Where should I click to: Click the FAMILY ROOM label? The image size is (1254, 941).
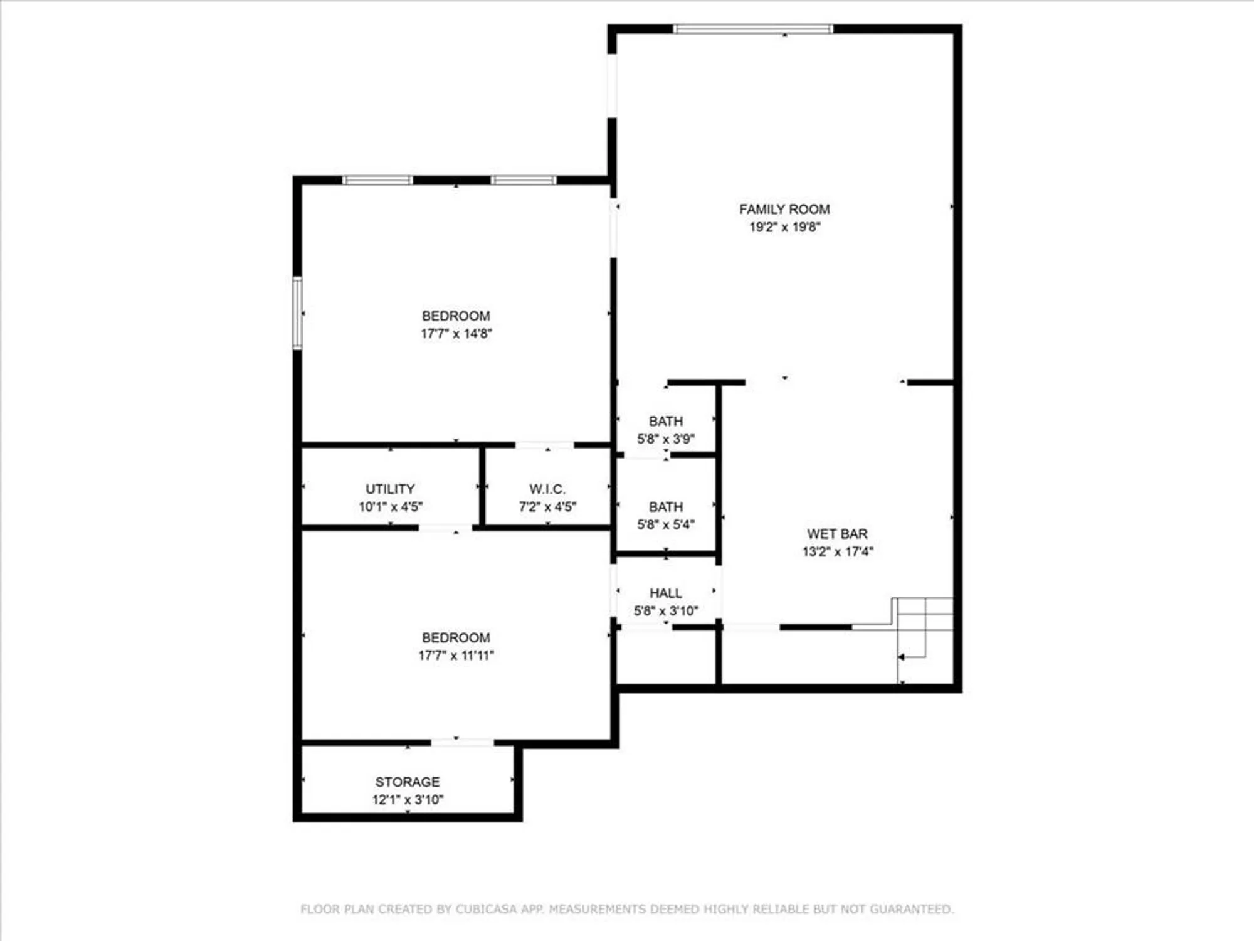(784, 209)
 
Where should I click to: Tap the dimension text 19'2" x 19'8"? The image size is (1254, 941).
(784, 227)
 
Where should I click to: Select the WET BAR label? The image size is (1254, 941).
(837, 534)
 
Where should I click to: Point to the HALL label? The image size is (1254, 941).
(665, 593)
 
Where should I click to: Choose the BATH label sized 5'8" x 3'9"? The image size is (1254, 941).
(665, 421)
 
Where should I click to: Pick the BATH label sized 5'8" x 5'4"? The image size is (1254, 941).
(665, 506)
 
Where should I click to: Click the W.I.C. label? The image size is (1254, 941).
(547, 489)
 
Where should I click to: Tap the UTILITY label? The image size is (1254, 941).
(390, 489)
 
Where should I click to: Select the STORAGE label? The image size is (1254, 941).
(407, 782)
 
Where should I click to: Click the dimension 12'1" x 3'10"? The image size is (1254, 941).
(407, 800)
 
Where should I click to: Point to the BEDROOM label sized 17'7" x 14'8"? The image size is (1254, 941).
(456, 316)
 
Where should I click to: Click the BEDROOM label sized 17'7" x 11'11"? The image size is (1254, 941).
(456, 637)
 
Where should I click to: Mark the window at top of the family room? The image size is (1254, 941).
(752, 29)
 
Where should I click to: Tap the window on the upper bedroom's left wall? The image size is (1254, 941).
(297, 312)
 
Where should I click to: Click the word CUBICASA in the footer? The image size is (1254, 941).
(490, 909)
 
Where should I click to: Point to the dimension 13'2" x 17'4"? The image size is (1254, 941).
(837, 552)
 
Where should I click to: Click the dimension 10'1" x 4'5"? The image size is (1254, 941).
(390, 507)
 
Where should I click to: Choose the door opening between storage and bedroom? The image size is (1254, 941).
(462, 743)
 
